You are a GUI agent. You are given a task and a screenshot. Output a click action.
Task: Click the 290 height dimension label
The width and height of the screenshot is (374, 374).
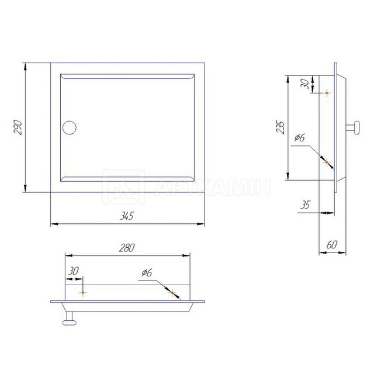coord(18,127)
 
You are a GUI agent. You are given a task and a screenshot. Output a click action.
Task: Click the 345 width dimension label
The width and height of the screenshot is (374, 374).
coord(127,216)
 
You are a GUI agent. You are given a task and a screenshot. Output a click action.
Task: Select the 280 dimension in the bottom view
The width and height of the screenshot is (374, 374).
coord(127,248)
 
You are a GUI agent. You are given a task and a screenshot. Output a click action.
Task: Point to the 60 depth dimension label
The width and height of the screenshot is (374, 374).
coord(332,244)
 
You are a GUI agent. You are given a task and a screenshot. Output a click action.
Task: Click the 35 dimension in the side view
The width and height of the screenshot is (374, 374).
coord(305,205)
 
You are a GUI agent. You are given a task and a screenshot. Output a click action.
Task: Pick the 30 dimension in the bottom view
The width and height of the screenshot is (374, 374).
coord(74,271)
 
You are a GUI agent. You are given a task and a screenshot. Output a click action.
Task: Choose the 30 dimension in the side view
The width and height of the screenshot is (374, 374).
coord(304,84)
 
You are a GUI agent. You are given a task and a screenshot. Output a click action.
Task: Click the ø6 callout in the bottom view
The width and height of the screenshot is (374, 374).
coord(147,272)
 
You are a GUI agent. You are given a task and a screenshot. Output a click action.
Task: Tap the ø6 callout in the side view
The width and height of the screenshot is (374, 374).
coord(300,137)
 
